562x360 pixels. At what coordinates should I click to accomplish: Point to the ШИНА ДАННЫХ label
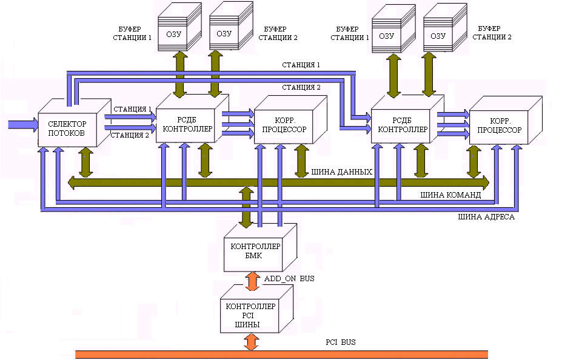click(x=341, y=172)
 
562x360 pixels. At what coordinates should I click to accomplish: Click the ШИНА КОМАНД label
click(x=450, y=195)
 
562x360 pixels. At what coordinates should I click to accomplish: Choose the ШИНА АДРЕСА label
click(x=486, y=216)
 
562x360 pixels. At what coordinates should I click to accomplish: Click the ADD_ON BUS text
click(x=288, y=279)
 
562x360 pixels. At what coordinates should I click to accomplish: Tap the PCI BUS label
click(x=340, y=342)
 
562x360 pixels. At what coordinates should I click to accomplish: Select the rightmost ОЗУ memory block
click(x=439, y=35)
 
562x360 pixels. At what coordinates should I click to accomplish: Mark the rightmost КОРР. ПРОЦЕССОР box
click(x=499, y=126)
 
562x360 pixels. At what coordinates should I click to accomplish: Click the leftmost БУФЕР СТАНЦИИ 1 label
click(x=132, y=33)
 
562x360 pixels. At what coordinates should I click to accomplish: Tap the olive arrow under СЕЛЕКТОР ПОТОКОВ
click(x=85, y=162)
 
